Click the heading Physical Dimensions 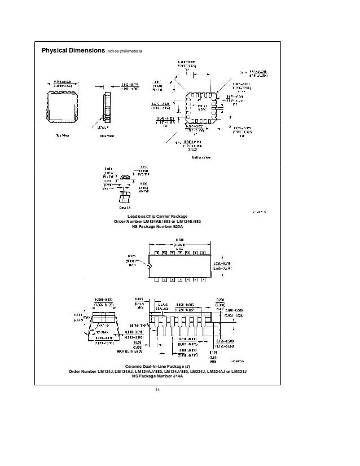70,51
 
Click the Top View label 62,135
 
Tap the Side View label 107,135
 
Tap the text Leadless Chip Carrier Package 165,217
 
